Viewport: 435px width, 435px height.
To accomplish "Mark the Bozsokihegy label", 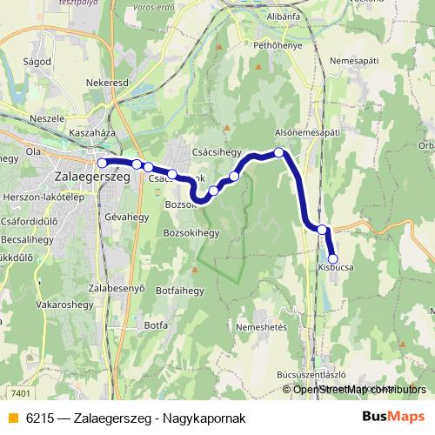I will (191, 233).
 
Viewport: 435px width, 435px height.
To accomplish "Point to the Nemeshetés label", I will (261, 326).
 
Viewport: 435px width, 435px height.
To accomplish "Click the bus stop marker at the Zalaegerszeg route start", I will (102, 163).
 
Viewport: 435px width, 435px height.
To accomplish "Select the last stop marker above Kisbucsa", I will (332, 258).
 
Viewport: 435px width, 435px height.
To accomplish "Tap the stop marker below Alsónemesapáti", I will (279, 152).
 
